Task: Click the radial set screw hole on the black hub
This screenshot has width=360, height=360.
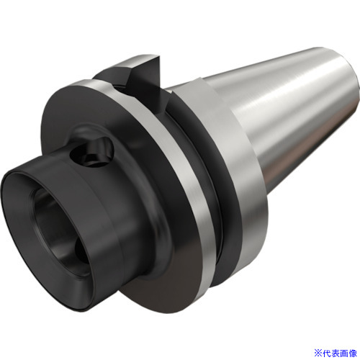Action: (x=92, y=150)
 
